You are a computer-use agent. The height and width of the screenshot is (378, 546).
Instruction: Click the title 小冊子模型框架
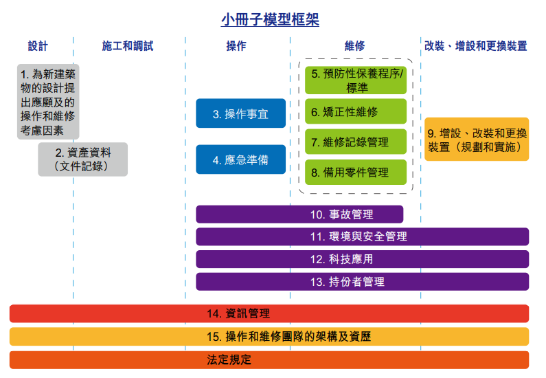tap(270, 19)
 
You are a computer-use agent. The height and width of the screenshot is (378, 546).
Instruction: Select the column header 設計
tap(38, 45)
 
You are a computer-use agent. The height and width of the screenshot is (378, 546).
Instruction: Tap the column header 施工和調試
tap(128, 45)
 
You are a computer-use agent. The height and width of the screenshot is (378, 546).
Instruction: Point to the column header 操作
tap(236, 45)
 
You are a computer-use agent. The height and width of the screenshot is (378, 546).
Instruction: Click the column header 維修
tap(354, 45)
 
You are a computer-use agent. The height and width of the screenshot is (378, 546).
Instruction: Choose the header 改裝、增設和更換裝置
tap(476, 45)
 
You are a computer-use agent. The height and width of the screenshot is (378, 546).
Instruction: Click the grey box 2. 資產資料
tap(83, 159)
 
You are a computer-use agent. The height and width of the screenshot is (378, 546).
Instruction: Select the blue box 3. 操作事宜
tap(240, 113)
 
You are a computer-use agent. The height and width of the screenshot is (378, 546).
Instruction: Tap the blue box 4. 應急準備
tap(240, 159)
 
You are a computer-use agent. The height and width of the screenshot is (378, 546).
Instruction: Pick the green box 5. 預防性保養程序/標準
tap(356, 80)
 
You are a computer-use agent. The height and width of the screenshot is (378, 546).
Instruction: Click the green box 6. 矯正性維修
tap(356, 111)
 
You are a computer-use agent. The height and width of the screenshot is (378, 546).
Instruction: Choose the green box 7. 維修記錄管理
tap(356, 142)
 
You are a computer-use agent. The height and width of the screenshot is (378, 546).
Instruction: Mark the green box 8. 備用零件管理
tap(356, 172)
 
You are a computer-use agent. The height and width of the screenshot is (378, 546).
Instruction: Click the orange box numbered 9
tap(477, 140)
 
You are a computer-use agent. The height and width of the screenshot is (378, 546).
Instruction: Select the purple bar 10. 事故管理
tap(299, 214)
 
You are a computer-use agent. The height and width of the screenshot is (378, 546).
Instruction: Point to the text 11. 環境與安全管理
tap(359, 236)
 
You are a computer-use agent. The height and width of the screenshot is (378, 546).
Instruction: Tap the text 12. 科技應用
tap(341, 259)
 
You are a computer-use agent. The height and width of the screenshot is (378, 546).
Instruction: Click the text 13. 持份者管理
tap(348, 282)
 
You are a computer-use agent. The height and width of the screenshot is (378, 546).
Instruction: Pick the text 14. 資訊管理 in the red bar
tap(238, 313)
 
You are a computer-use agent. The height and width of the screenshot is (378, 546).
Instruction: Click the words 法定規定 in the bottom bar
tap(229, 360)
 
